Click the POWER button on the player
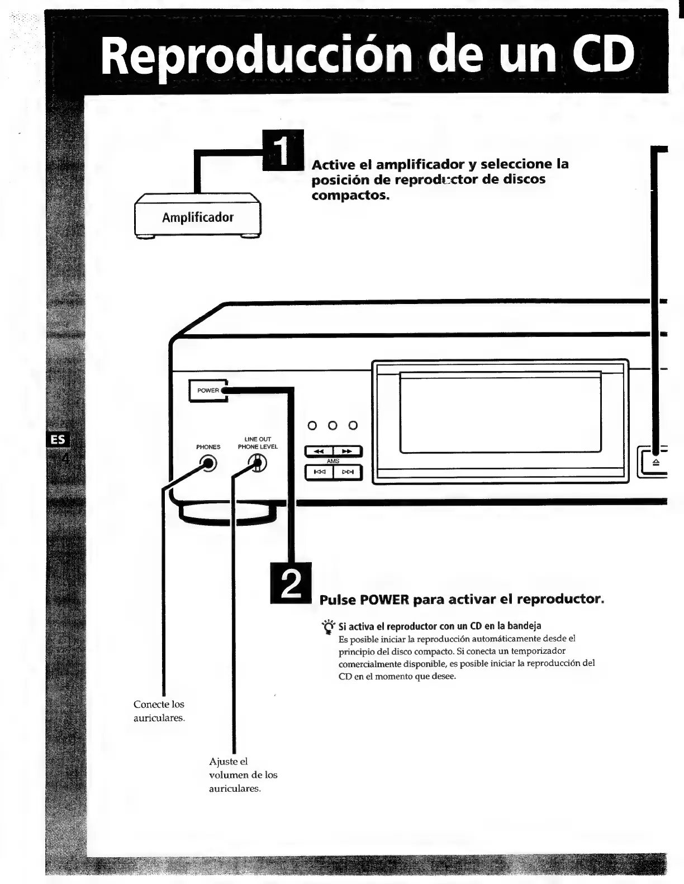[208, 391]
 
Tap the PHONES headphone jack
[208, 464]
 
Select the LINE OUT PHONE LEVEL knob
[257, 463]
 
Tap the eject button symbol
[656, 462]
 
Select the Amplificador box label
[198, 217]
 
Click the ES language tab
[58, 440]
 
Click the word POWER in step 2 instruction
[384, 600]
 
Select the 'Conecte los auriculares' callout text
[159, 711]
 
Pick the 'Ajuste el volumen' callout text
[243, 775]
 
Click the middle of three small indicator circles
[332, 425]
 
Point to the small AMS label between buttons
[333, 462]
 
